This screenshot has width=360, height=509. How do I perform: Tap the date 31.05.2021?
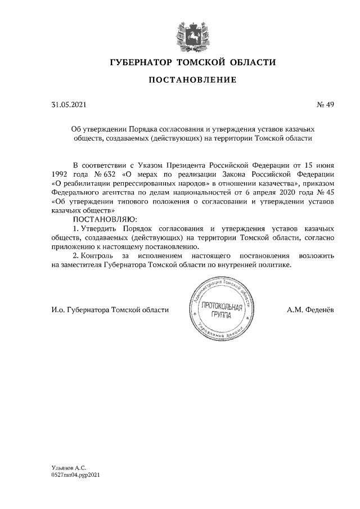[x=66, y=105]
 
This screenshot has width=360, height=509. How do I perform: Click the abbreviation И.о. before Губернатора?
[x=58, y=309]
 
